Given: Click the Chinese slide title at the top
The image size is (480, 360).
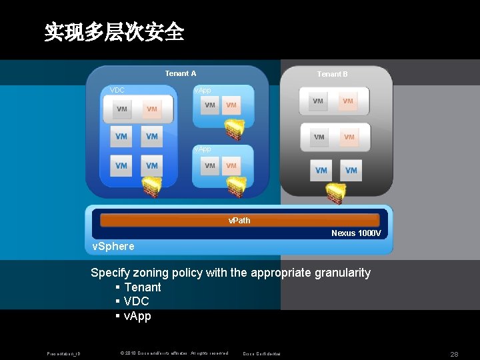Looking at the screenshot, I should click(x=114, y=31).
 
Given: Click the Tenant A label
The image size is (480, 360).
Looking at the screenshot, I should click(x=181, y=73).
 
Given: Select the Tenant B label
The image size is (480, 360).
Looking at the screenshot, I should click(x=332, y=74).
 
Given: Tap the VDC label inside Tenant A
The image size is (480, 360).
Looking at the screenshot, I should click(x=117, y=90).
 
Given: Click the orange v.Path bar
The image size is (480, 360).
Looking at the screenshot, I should click(x=239, y=220).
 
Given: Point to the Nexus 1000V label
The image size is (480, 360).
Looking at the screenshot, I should click(x=356, y=233).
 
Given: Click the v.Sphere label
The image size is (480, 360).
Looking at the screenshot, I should click(x=113, y=246).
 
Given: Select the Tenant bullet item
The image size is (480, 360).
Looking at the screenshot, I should click(x=142, y=287).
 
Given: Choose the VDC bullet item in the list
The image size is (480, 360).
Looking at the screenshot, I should click(x=136, y=301).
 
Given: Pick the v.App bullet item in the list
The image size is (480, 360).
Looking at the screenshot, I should click(x=137, y=316).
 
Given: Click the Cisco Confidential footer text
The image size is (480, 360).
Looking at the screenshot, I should click(x=261, y=353).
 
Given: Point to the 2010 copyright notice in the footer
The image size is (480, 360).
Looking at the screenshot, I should click(x=173, y=353).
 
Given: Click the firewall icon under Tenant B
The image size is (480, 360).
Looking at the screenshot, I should click(x=336, y=193).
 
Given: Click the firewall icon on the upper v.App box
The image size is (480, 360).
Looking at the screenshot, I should click(x=234, y=128).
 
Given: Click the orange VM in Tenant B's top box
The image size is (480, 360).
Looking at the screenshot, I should click(x=347, y=101).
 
